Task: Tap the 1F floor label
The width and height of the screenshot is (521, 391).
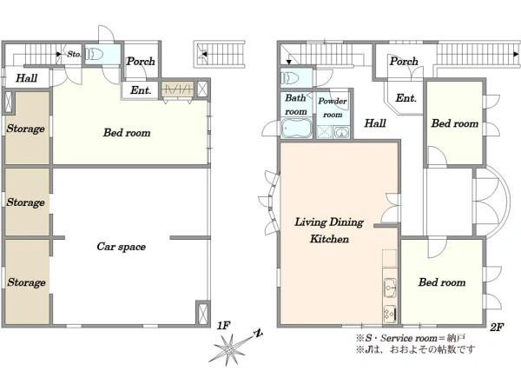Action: pos(224,326)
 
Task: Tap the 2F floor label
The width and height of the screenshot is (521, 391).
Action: pos(497,328)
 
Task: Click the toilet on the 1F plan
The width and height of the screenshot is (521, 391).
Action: pos(95,54)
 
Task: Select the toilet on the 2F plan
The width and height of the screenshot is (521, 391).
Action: pos(290,78)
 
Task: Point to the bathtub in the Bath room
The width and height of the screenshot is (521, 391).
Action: pos(296,128)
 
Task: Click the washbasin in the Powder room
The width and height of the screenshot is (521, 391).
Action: pos(340,133)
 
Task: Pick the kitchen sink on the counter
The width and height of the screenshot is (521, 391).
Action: pos(390,288)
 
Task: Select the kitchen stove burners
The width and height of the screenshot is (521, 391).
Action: pos(389,313)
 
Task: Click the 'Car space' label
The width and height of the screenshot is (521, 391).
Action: pos(122,247)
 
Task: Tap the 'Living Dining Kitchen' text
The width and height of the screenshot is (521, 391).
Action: pos(329,230)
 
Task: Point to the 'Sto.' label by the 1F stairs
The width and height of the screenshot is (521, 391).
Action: pos(74,54)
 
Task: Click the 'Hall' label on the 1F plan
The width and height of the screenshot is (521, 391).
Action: pos(27,78)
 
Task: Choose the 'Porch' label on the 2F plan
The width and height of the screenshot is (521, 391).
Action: pos(404,61)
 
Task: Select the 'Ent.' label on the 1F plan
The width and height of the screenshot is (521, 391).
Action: pos(141,89)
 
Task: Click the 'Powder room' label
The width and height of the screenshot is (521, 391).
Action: pos(333,108)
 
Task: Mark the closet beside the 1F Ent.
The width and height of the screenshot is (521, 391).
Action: pos(177,89)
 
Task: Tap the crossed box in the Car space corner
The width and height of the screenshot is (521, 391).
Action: pos(202,313)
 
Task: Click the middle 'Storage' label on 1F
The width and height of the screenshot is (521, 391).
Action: pos(25,202)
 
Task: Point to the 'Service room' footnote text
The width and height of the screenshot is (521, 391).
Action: pos(409,338)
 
